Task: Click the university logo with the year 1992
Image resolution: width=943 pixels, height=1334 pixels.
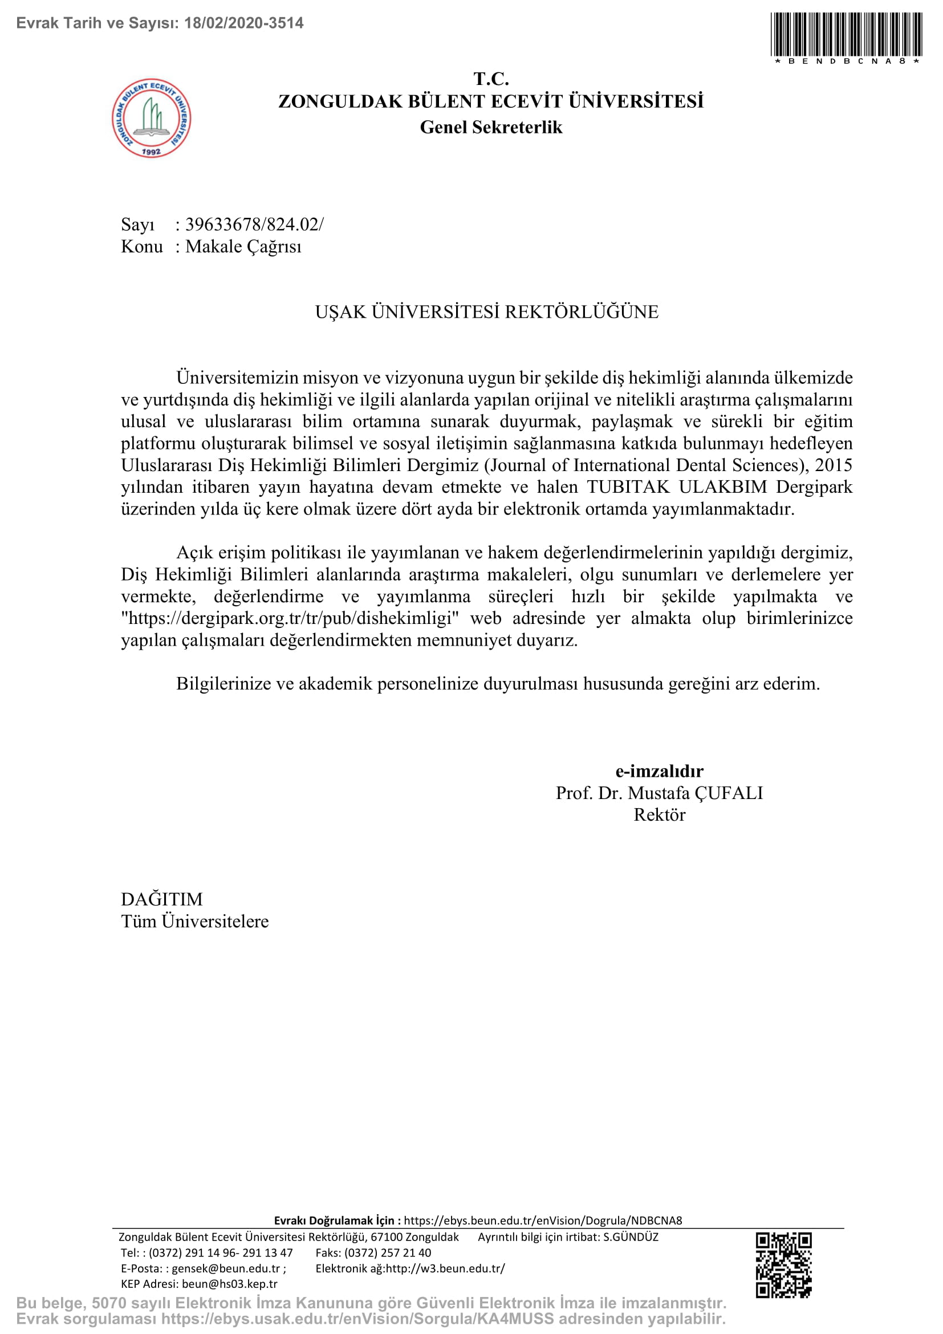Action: tap(151, 118)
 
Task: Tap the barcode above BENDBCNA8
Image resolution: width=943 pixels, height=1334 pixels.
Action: tap(846, 34)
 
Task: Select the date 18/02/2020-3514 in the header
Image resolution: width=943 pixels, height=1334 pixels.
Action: tap(243, 23)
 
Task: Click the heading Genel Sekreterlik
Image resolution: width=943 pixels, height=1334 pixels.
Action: tap(491, 127)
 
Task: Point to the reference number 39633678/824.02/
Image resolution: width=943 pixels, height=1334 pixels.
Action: tap(254, 224)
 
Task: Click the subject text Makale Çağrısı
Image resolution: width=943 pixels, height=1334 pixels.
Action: tap(243, 246)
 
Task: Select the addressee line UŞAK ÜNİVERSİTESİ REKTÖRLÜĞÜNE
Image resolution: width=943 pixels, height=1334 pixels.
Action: tap(486, 312)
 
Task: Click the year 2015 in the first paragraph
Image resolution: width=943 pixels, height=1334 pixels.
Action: tap(834, 465)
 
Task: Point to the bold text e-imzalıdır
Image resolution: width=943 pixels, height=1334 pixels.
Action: tap(659, 771)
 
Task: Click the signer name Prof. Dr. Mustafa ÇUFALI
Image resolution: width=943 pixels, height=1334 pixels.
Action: tap(659, 793)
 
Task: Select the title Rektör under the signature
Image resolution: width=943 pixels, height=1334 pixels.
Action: tap(659, 814)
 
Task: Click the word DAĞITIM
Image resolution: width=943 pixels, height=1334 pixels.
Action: tap(162, 899)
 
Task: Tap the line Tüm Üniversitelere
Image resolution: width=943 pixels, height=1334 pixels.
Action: tap(195, 922)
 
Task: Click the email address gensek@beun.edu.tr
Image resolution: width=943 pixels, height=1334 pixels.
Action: tap(225, 1268)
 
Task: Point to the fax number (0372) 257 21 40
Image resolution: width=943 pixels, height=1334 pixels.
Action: tap(387, 1252)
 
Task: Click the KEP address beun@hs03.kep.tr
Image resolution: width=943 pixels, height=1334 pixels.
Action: tap(229, 1284)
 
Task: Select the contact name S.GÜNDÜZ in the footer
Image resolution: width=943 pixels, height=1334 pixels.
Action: tap(631, 1237)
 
